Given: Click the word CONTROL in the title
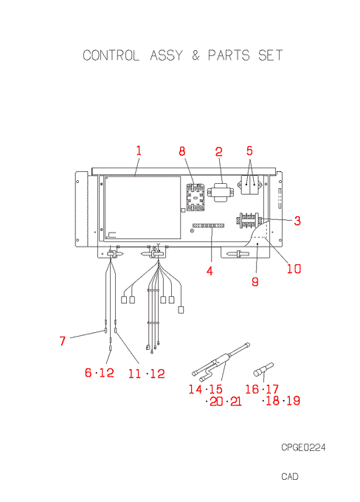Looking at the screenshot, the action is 111,55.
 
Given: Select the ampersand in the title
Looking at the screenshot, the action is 195,55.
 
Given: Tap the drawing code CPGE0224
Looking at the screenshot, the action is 303,447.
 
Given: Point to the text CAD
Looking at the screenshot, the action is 290,476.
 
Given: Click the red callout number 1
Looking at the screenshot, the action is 139,151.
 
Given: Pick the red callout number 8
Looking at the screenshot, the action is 181,151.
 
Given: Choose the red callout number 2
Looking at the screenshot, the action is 218,152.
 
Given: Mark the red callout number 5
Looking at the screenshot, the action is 249,151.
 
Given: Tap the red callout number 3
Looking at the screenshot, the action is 297,221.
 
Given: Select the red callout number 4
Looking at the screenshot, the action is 210,271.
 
